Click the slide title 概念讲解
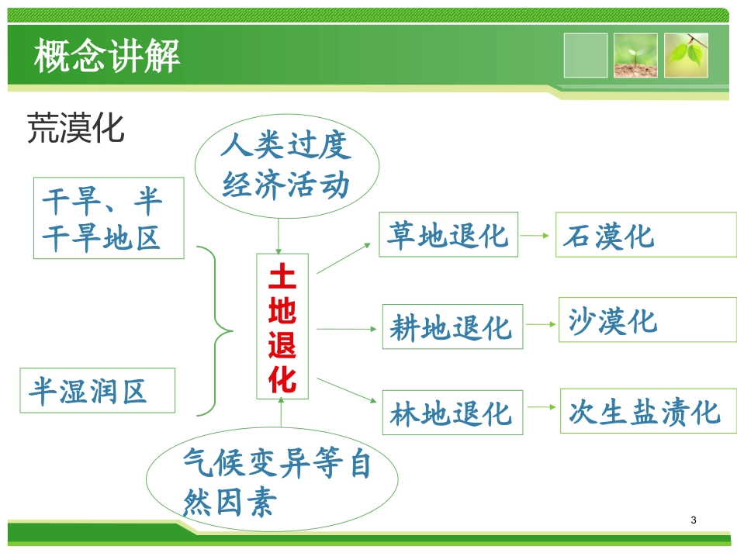click(107, 56)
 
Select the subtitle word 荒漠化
click(75, 128)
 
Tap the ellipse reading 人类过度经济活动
click(287, 166)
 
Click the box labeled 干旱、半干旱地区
click(109, 218)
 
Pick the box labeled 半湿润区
click(97, 390)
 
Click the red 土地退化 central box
click(282, 327)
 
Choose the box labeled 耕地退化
click(452, 327)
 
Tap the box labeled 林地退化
click(452, 413)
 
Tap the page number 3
click(693, 520)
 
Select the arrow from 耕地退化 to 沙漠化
click(541, 325)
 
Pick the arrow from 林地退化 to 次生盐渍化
click(541, 410)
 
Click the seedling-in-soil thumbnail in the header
click(635, 55)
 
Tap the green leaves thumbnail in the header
click(686, 55)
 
